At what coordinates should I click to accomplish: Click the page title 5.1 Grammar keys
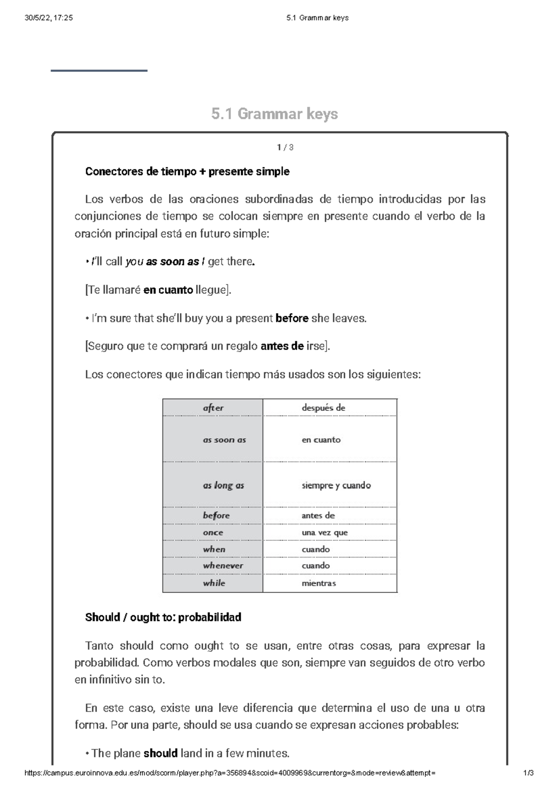click(x=274, y=114)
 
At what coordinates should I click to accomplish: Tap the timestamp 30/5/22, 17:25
click(x=48, y=18)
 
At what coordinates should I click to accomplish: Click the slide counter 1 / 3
click(x=285, y=148)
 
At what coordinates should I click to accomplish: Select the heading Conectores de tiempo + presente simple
click(x=187, y=171)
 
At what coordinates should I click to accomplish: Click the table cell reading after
click(x=213, y=408)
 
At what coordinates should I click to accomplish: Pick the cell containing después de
click(x=323, y=408)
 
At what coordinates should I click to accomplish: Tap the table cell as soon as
click(x=224, y=440)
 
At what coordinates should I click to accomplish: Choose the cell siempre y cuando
click(x=336, y=485)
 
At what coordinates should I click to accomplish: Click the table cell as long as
click(x=223, y=485)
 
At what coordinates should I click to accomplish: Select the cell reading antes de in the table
click(x=318, y=516)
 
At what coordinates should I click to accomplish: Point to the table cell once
click(x=213, y=532)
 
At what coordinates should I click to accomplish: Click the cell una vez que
click(x=325, y=532)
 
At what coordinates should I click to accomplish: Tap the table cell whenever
click(x=223, y=566)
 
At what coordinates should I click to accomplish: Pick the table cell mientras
click(x=319, y=583)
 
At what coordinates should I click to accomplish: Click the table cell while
click(x=214, y=583)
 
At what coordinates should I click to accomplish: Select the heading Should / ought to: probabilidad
click(x=163, y=617)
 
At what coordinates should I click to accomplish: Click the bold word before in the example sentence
click(x=292, y=318)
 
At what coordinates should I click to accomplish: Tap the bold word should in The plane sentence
click(x=161, y=753)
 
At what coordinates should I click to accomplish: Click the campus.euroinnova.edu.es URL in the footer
click(x=230, y=773)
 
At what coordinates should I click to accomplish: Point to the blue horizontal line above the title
click(x=99, y=71)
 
